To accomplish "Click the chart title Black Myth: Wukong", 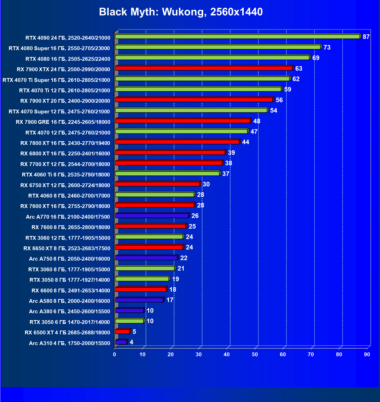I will tap(181, 12).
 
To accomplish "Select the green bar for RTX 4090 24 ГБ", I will tap(238, 37).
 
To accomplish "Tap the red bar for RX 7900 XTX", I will tap(204, 68).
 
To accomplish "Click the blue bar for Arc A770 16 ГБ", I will tap(152, 216).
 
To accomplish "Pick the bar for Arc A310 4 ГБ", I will tap(121, 342).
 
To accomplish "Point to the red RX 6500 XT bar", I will tap(122, 332).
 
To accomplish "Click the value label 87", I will tap(366, 37).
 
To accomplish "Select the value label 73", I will tap(327, 48).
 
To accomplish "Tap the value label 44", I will tap(245, 142).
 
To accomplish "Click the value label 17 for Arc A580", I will tap(170, 300).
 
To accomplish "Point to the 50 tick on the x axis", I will tap(255, 354).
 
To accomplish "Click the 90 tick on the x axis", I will tap(367, 354).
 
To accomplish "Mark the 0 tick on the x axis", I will tap(114, 354).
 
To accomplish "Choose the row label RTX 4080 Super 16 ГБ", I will tap(59, 48).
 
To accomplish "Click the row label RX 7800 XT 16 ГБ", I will tap(65, 143).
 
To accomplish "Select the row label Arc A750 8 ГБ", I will tap(69, 259).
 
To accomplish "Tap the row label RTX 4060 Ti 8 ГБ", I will tap(66, 175).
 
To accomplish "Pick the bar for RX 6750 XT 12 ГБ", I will tap(157, 184).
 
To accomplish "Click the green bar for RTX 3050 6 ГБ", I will tap(129, 321).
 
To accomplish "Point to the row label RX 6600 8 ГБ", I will tap(71, 290).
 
